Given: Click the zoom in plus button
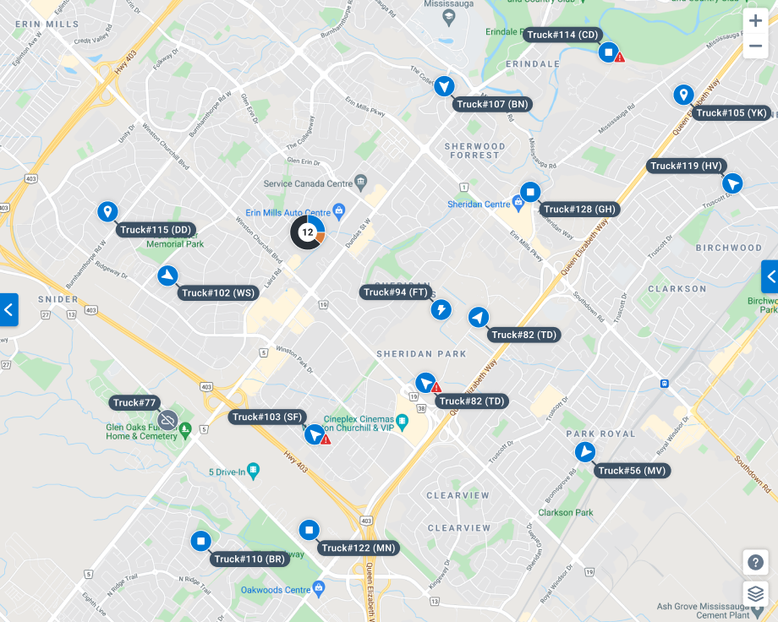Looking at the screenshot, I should tap(755, 22).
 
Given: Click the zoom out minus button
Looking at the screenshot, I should tap(755, 46).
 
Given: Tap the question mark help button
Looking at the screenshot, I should tap(755, 561).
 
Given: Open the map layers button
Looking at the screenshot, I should tap(755, 593).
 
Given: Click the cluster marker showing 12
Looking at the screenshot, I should tap(307, 232).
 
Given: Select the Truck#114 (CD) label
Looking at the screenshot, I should tap(562, 35).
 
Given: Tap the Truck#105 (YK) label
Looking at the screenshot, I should tap(731, 113).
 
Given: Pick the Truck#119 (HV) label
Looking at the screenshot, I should tap(686, 166).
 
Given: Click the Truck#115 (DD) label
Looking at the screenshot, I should tap(156, 230).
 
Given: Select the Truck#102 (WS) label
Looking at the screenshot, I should tap(218, 293).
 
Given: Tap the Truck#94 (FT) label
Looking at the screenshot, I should tap(396, 292).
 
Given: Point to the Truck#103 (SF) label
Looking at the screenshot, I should tap(267, 417).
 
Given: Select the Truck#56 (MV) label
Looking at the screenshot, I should tap(632, 471).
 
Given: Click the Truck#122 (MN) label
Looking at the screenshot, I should tap(358, 548).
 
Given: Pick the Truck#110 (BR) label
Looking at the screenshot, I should tap(250, 559).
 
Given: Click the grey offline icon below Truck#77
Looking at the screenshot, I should tap(167, 419).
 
